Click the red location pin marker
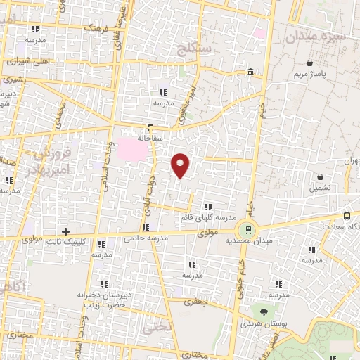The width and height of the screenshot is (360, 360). point(181,165)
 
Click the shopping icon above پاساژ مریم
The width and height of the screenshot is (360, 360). point(309,63)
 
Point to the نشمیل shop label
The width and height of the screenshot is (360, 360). point(321,188)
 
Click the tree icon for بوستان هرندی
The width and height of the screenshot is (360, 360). point(264,312)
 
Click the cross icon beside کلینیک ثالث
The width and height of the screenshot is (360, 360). point(66,231)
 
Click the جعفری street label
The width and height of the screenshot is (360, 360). point(193,302)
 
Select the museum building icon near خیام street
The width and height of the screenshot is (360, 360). point(251,72)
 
